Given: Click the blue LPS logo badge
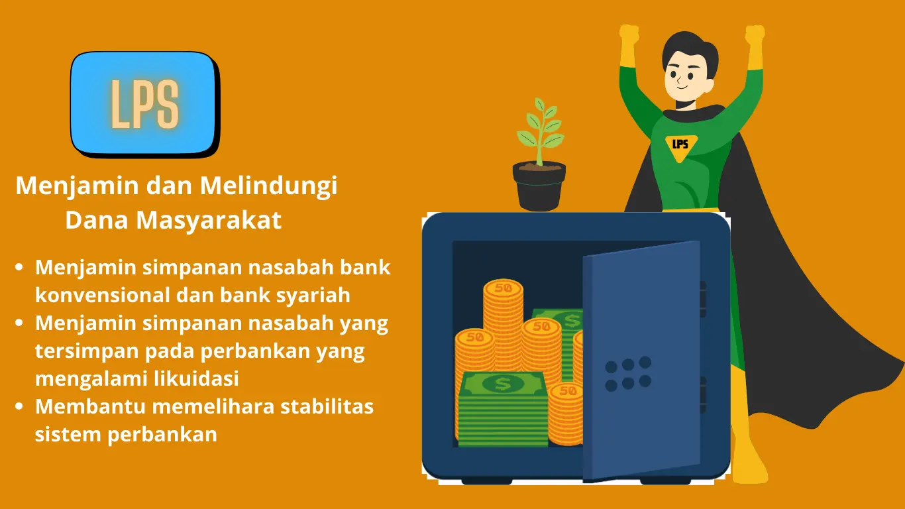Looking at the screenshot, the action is pos(144,103).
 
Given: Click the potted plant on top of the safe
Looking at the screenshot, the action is pos(539,154).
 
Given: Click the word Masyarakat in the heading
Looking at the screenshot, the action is pos(209,220).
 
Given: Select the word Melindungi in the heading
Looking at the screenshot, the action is pos(269,186).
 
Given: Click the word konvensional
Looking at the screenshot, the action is pos(103,295).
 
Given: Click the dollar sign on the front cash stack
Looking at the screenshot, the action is pos(503,384).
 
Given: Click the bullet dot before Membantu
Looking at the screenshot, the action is pos(19,406).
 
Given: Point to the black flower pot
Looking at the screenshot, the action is pos(539,186).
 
